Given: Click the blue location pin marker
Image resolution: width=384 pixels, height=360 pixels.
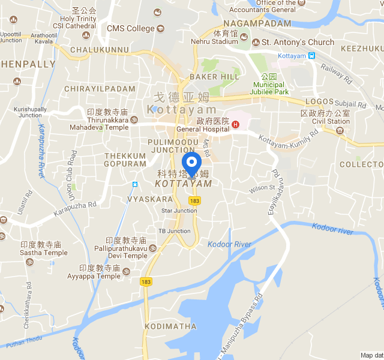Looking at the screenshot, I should pyautogui.click(x=191, y=163).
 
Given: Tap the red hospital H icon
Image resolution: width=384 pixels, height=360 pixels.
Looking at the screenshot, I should pyautogui.click(x=236, y=124).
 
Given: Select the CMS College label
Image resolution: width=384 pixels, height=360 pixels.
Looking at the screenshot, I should pyautogui.click(x=130, y=28).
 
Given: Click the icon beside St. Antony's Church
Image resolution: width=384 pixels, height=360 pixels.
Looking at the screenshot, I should pyautogui.click(x=256, y=42).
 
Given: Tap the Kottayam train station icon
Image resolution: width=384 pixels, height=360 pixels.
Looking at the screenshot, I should pyautogui.click(x=312, y=56).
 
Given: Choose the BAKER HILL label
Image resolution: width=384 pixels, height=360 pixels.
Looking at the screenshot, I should pyautogui.click(x=206, y=77).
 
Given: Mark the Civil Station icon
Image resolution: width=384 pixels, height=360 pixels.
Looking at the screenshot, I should pyautogui.click(x=340, y=131).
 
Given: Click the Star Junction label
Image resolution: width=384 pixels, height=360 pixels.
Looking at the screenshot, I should pyautogui.click(x=179, y=211).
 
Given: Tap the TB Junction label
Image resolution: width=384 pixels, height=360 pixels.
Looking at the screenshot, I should pyautogui.click(x=174, y=231).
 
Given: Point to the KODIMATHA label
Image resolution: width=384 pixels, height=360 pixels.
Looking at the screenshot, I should pyautogui.click(x=170, y=326).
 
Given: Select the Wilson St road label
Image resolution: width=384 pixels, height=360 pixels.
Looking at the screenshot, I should pyautogui.click(x=262, y=188).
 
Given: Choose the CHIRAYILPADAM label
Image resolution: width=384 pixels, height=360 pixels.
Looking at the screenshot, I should pyautogui.click(x=100, y=89).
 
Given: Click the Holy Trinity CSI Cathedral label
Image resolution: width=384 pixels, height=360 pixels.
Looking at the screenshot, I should pyautogui.click(x=74, y=23).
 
